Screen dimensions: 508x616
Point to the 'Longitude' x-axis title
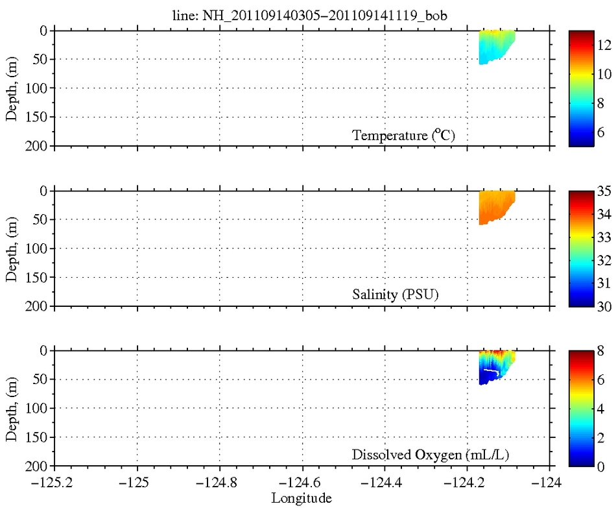point(302,498)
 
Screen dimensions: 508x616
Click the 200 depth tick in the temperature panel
point(38,146)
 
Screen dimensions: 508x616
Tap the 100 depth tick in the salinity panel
point(38,248)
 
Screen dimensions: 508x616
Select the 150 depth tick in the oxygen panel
point(38,437)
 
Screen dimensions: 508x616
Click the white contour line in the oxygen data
point(492,371)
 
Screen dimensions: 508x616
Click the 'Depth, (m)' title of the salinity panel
point(12,248)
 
